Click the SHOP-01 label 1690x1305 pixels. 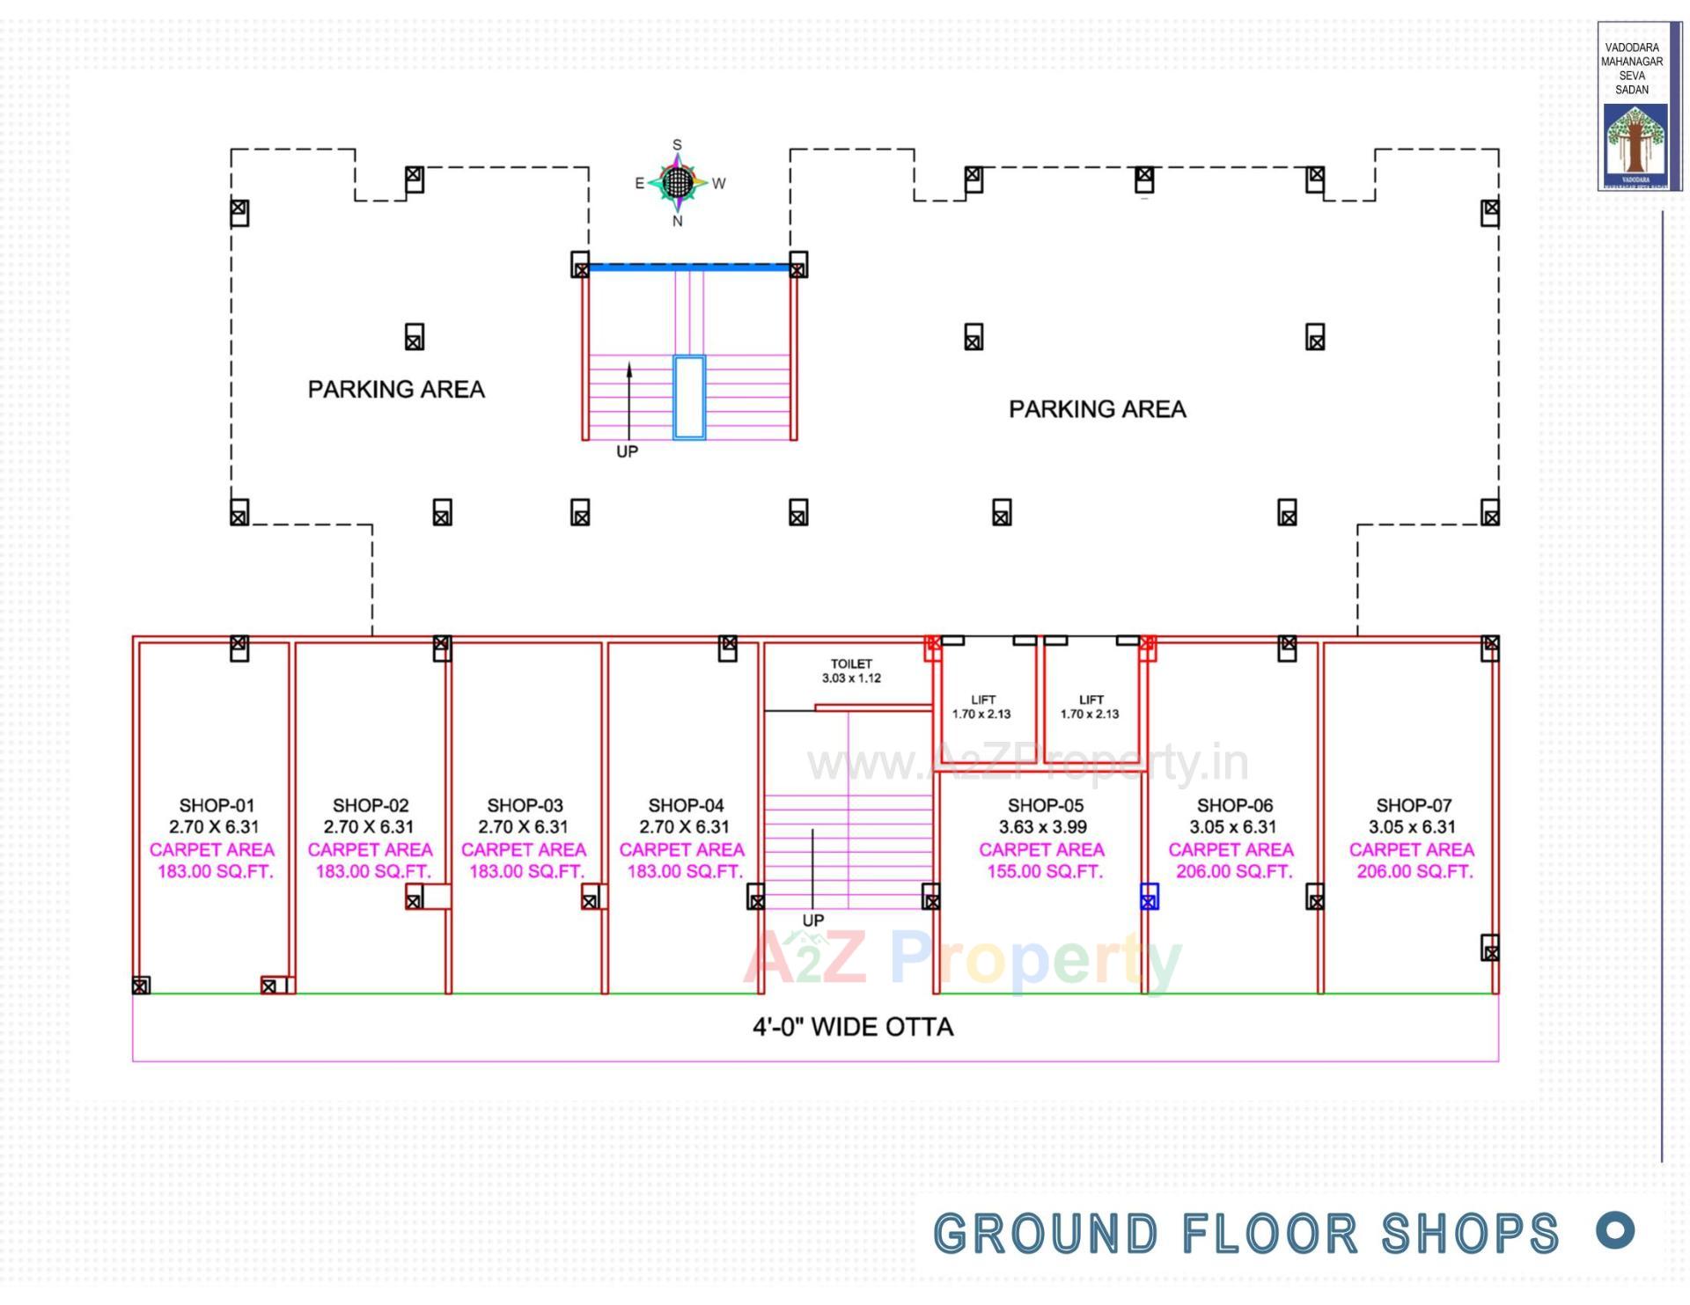217,805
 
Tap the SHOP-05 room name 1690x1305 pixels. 1045,805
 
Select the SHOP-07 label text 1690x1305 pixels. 1413,805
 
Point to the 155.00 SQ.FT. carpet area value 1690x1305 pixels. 1044,871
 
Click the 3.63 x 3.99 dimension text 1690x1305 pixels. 1042,827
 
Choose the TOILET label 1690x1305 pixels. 851,663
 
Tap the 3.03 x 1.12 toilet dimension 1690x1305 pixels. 851,678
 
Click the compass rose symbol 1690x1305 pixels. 677,183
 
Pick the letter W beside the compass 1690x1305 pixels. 719,184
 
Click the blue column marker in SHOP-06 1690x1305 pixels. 1149,897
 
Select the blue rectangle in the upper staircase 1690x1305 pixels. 689,397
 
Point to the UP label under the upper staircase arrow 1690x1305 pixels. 627,451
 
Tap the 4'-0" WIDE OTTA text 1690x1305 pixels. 852,1027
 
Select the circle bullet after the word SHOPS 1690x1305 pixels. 1615,1230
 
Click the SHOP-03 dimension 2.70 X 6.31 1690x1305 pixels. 523,827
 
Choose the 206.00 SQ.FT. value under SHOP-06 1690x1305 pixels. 1233,871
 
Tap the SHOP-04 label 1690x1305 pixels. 686,805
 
